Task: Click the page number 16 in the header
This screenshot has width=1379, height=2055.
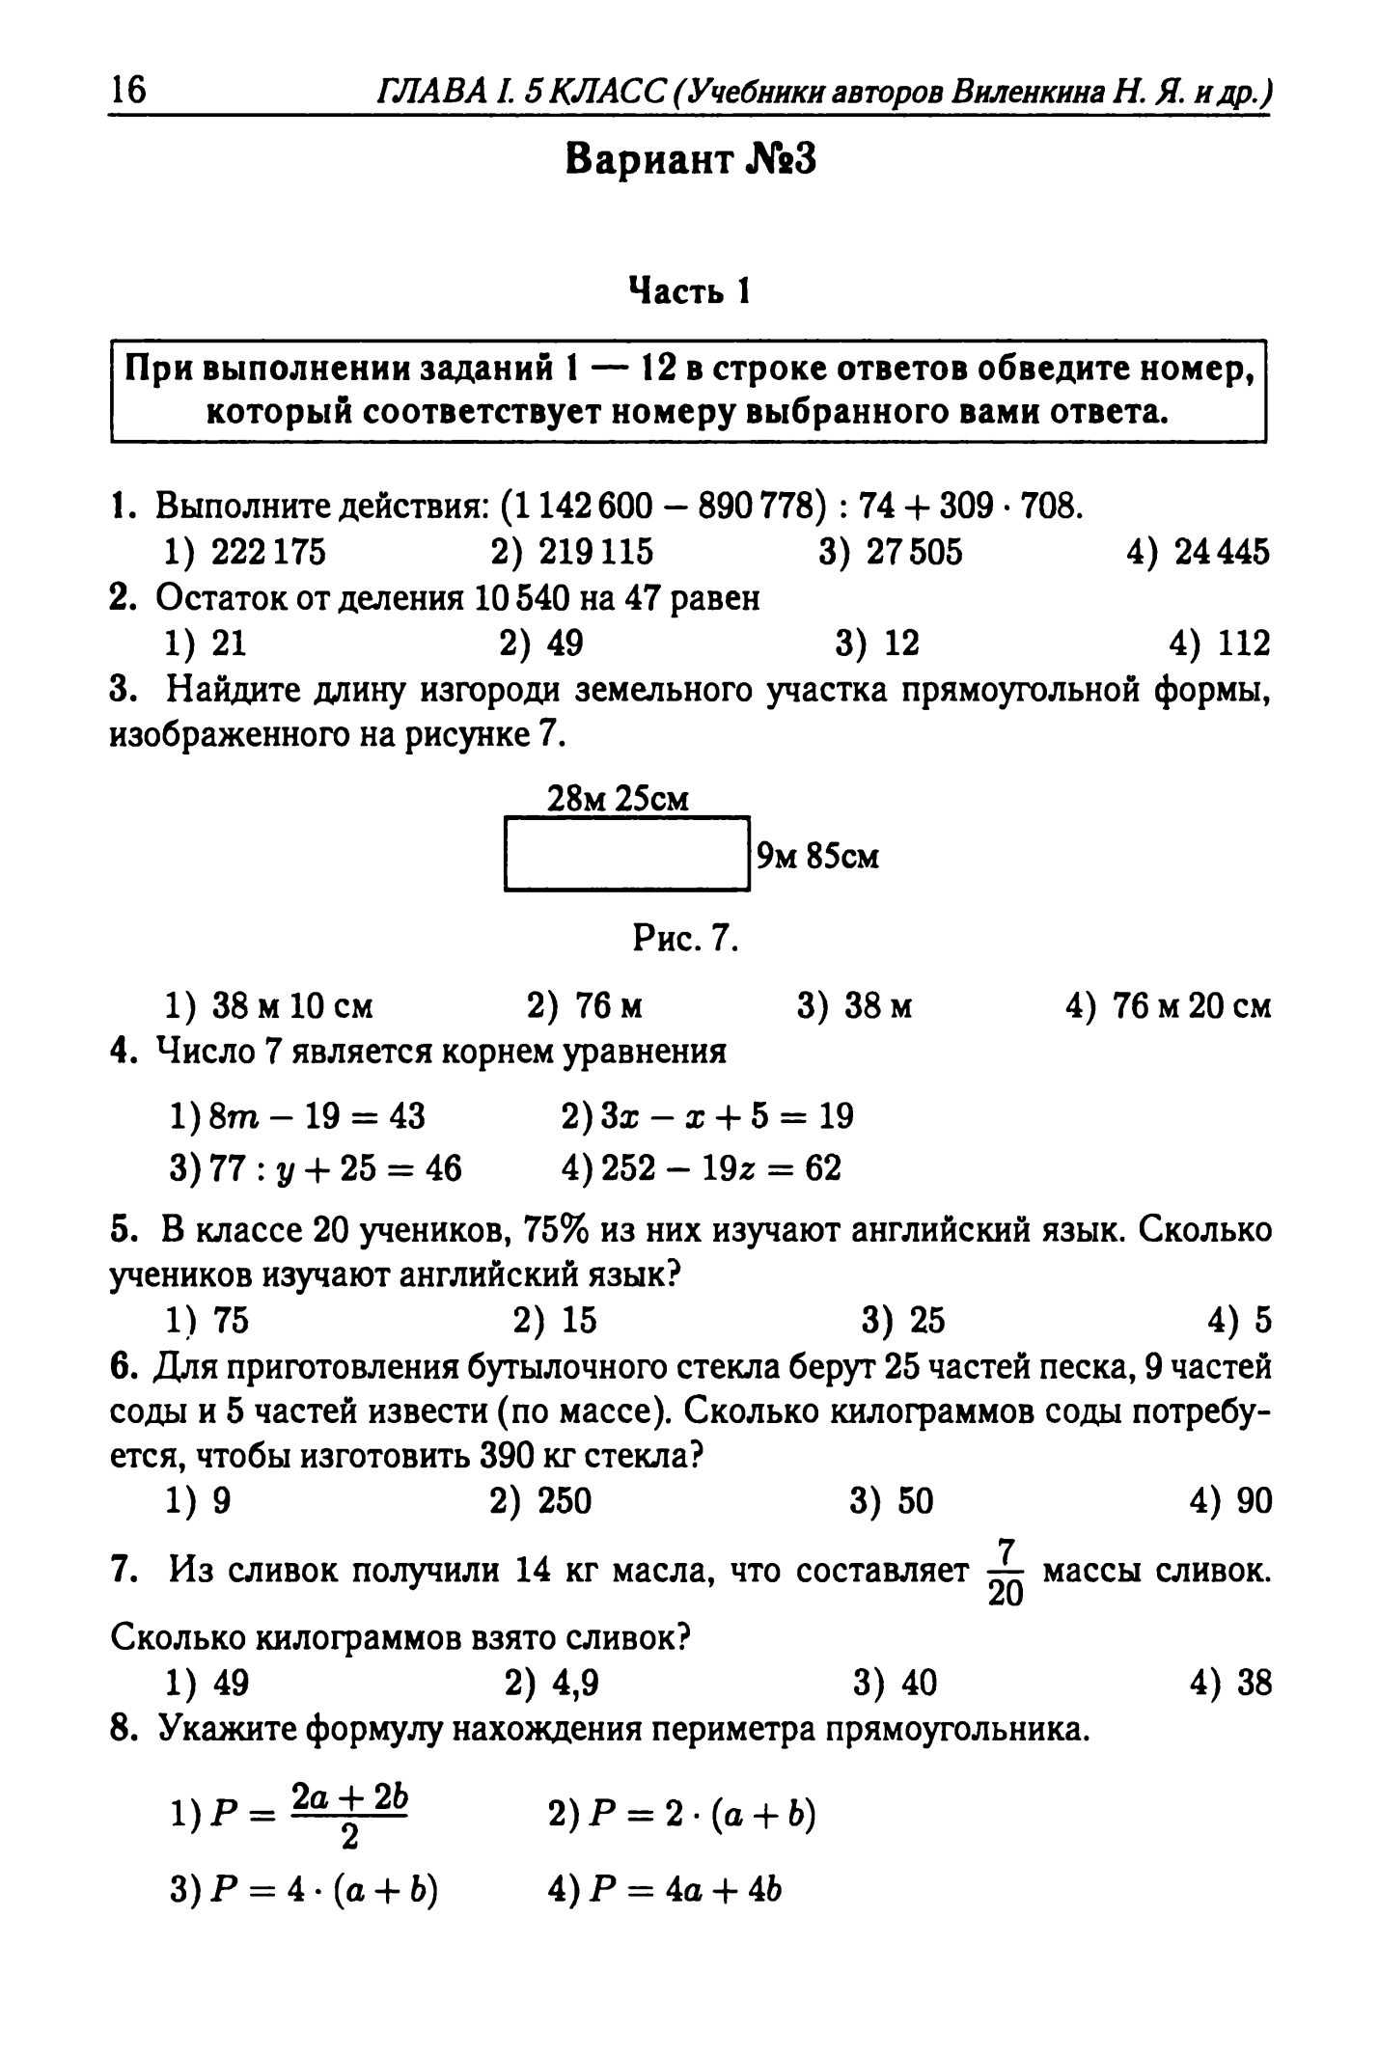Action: [x=128, y=91]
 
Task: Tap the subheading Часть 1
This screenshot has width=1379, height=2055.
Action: [x=689, y=289]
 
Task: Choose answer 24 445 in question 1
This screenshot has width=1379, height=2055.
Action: [x=1221, y=552]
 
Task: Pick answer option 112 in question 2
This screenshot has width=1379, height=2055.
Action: [x=1243, y=643]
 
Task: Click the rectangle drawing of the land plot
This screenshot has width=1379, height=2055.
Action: [x=627, y=854]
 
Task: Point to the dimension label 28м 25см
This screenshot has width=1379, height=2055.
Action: [x=619, y=800]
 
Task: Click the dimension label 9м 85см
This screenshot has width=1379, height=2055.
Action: [x=818, y=856]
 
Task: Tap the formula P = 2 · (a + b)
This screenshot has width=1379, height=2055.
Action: [x=703, y=1817]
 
